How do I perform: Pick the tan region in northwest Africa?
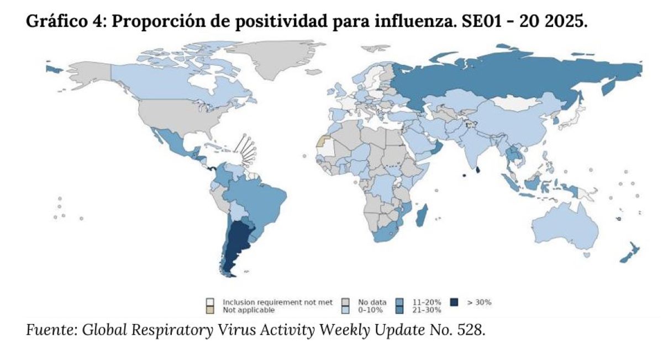coord(322,141)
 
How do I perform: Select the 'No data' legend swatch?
coord(346,302)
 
